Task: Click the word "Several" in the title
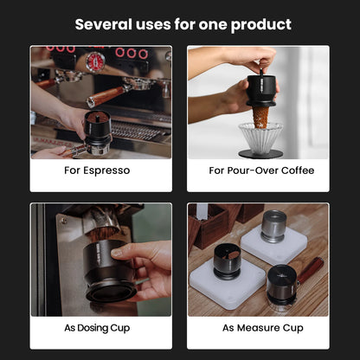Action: pyautogui.click(x=102, y=24)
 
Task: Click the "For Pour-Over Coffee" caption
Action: pyautogui.click(x=261, y=170)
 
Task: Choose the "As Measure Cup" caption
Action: pyautogui.click(x=261, y=328)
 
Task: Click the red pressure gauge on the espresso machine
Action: pyautogui.click(x=96, y=61)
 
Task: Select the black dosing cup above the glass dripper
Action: pyautogui.click(x=260, y=92)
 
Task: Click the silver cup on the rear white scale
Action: pyautogui.click(x=273, y=226)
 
